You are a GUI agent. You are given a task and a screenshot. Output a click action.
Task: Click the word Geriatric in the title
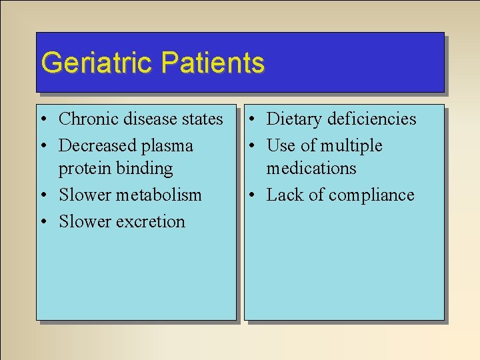coord(97,63)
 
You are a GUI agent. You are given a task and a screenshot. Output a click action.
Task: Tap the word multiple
coord(351,146)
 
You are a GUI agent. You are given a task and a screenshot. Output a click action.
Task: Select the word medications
coord(311,168)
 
